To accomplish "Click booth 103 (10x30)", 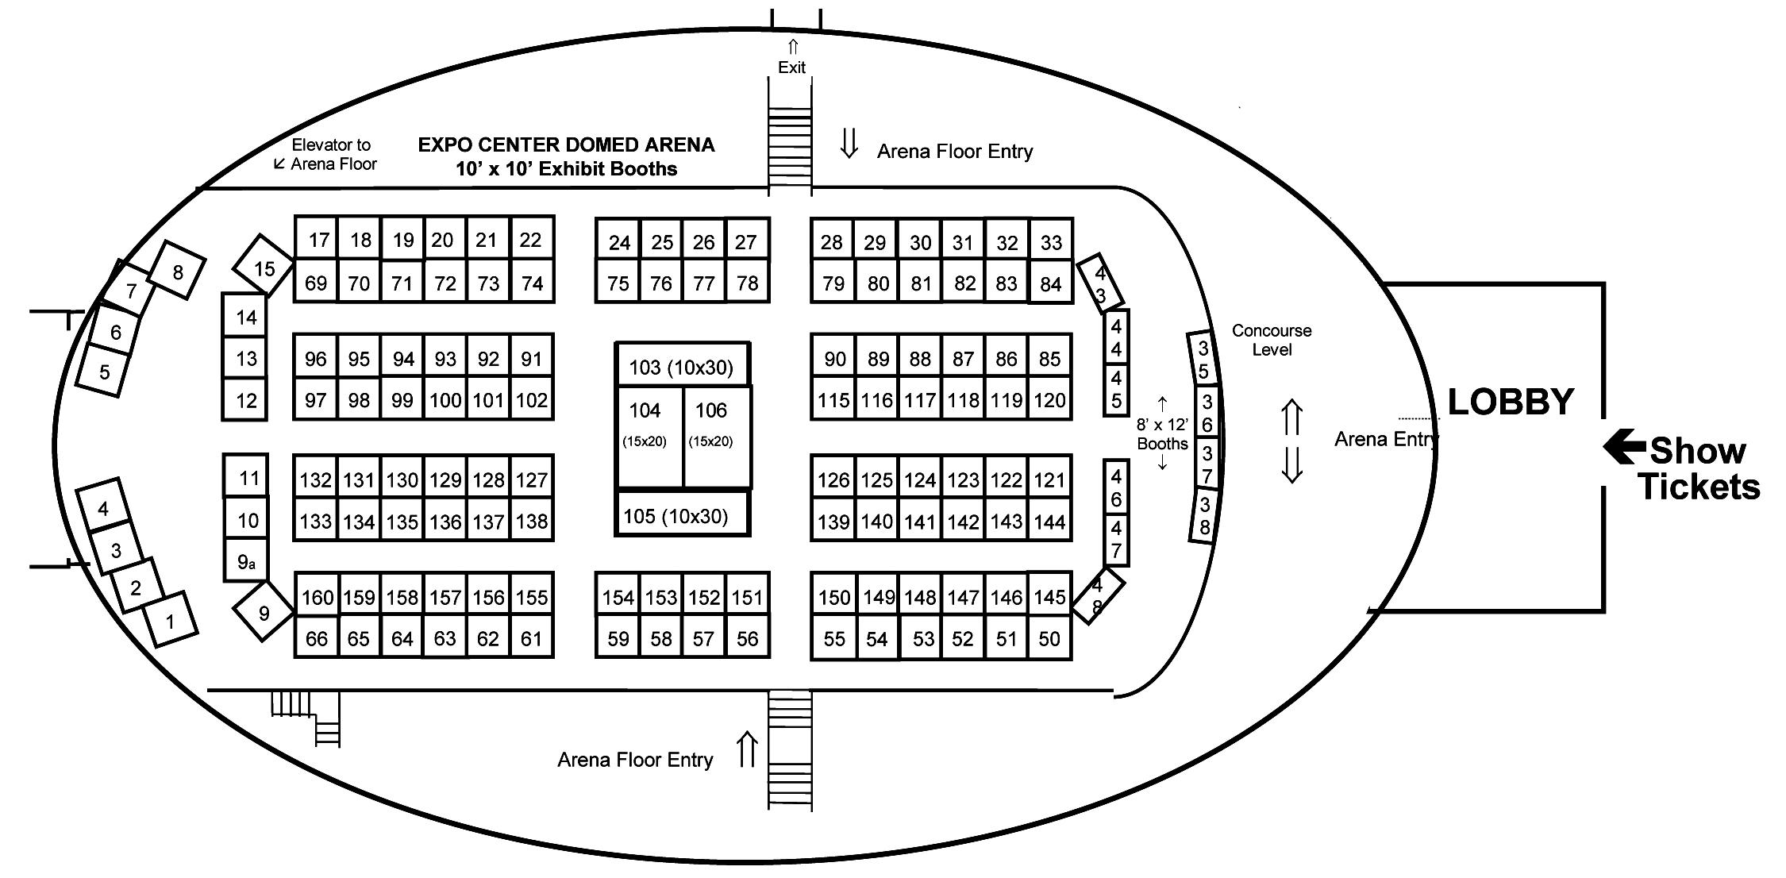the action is pos(682,367).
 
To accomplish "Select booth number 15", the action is pos(264,268).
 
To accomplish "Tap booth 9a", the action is pos(247,562).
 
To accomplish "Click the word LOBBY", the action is pos(1511,402).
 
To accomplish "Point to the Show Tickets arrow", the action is pos(1623,447).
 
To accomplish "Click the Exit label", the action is pos(791,67).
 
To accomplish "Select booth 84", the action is pos(1050,283).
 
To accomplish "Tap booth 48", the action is pos(1098,596).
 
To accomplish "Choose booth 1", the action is pos(170,620).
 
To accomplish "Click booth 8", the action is pos(178,271).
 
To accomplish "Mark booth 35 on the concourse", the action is pos(1203,360).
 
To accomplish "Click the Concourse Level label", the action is pos(1272,340).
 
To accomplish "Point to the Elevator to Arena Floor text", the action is pos(332,155).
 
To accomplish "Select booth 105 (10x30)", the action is pos(682,516).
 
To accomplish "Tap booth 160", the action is pos(317,597).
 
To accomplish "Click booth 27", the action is pos(746,241).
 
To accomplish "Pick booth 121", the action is pos(1049,479).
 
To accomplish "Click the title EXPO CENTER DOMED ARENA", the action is pos(566,144).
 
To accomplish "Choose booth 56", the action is pos(747,638).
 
